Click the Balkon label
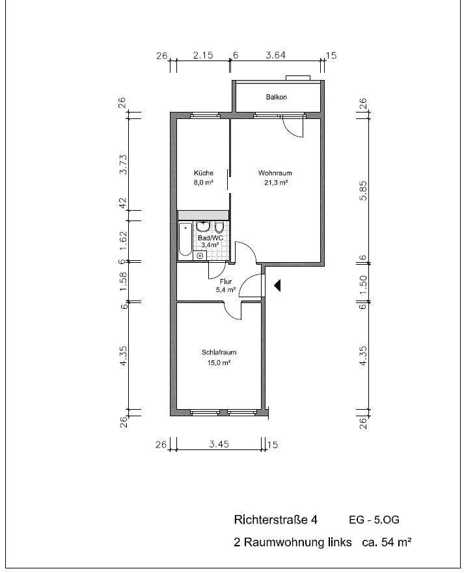click(276, 97)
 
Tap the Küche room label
click(204, 173)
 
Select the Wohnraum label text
click(275, 173)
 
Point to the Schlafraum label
click(219, 353)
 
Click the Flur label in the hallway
click(226, 282)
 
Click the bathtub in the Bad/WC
click(185, 240)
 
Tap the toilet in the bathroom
click(219, 227)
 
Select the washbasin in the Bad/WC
click(202, 226)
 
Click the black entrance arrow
click(277, 285)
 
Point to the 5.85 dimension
click(363, 191)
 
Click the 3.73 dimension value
click(123, 165)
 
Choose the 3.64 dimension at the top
click(275, 55)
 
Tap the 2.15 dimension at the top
click(203, 55)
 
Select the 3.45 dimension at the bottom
click(219, 444)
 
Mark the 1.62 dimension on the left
click(123, 241)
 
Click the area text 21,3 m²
click(276, 182)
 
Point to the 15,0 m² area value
click(219, 363)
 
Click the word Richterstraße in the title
click(271, 520)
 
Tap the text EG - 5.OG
click(374, 520)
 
